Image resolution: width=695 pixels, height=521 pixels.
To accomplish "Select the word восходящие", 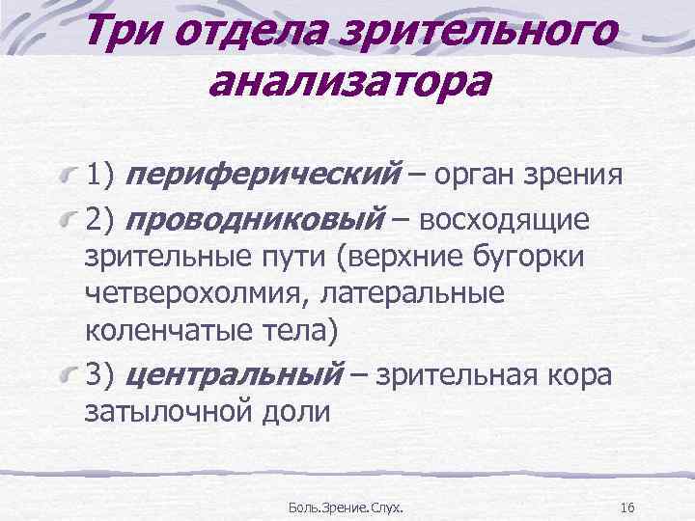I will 512,220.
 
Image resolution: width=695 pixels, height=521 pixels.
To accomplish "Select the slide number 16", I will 626,507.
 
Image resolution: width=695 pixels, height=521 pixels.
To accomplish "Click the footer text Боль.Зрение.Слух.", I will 347,507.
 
